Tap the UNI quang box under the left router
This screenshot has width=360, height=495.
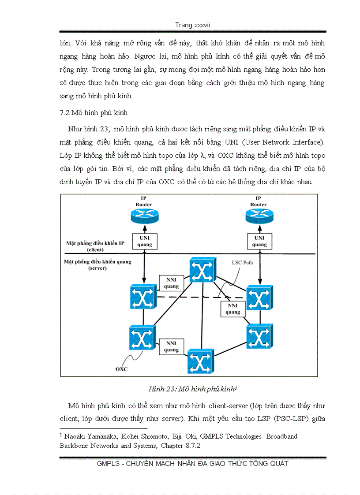click(x=144, y=241)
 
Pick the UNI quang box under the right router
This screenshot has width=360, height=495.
click(x=259, y=241)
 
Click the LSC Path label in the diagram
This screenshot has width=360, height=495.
click(x=243, y=262)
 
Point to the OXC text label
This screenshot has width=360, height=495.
click(x=121, y=369)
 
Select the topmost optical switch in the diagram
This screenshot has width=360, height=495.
click(x=202, y=270)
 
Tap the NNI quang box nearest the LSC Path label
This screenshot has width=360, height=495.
click(x=232, y=309)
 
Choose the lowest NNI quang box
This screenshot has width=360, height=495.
click(x=171, y=346)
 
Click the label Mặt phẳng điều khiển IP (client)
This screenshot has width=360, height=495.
click(x=95, y=246)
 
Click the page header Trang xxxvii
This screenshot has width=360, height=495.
click(x=192, y=25)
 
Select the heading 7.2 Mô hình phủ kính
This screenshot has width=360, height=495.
click(x=94, y=113)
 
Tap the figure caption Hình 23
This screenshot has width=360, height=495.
click(x=193, y=389)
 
